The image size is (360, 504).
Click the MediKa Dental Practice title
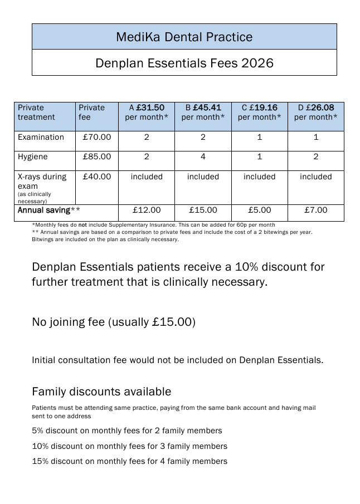(184, 37)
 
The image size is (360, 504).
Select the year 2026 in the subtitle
(257, 63)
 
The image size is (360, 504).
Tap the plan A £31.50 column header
(147, 112)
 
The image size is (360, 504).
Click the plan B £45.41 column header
(203, 112)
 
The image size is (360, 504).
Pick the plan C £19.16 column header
(259, 112)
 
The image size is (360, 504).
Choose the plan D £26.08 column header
(315, 112)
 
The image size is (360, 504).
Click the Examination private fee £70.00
(97, 137)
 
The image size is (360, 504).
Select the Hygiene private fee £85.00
(97, 156)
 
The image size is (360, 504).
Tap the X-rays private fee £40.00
(97, 177)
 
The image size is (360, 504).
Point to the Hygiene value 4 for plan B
(203, 156)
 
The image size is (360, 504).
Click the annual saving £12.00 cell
(147, 210)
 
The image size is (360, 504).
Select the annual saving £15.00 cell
(203, 210)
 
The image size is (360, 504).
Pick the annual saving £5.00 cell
(259, 210)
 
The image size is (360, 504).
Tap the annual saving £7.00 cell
(315, 210)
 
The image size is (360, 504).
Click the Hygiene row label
(33, 156)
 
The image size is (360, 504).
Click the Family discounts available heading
(101, 392)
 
